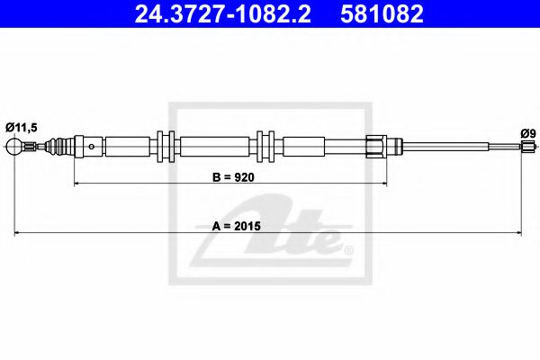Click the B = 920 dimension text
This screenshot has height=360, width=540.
coord(234,177)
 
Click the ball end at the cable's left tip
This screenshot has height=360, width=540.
coord(14,146)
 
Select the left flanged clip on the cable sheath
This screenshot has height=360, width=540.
coord(166,146)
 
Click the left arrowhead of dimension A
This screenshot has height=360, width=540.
coord(17,234)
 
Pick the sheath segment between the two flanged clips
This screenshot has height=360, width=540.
coord(216,146)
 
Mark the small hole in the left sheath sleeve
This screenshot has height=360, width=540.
coord(93,146)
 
